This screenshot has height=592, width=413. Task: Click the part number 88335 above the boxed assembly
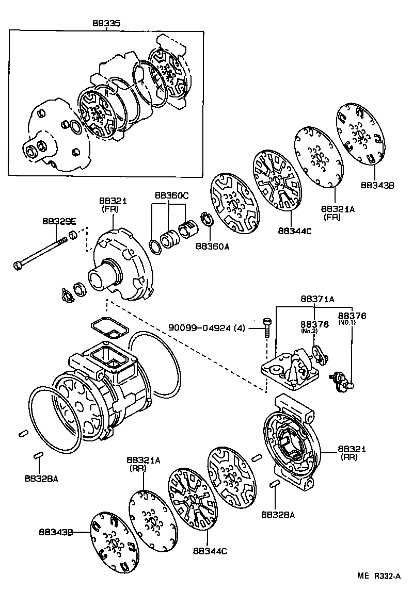(x=106, y=23)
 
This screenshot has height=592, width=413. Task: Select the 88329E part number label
(x=59, y=222)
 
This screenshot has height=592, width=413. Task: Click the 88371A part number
(x=317, y=299)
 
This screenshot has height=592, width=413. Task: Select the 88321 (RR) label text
(x=352, y=453)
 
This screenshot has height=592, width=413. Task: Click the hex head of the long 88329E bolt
(x=17, y=265)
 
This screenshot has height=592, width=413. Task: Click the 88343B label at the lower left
(x=56, y=532)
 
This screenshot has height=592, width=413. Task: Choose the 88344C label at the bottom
(x=210, y=551)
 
